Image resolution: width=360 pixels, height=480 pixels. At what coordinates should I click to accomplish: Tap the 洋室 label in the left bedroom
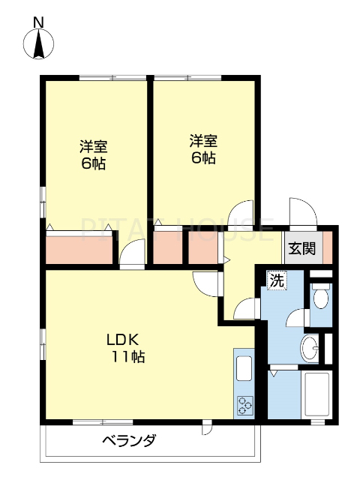(x=94, y=145)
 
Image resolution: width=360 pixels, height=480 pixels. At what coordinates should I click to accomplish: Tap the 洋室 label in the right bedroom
(x=203, y=140)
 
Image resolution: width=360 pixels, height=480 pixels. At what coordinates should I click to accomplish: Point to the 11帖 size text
(x=128, y=357)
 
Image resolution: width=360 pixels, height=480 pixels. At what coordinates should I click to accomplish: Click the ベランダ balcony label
(x=129, y=440)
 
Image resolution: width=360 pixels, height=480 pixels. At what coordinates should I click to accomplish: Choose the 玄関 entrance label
(x=303, y=248)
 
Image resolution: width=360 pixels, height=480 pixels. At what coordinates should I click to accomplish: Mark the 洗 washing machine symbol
(x=277, y=281)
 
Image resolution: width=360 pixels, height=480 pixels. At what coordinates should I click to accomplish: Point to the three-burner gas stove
(x=245, y=406)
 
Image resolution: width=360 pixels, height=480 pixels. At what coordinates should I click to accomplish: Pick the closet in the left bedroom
(x=79, y=249)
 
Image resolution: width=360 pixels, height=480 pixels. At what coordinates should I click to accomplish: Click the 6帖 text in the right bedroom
(x=203, y=158)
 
